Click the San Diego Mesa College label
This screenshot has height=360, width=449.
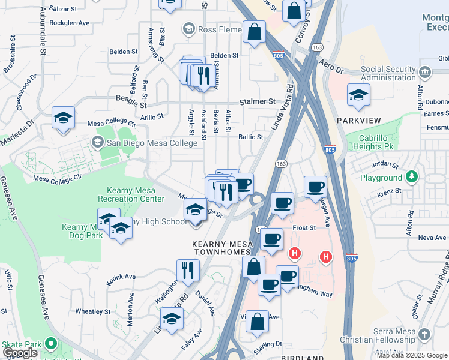[x=151, y=143]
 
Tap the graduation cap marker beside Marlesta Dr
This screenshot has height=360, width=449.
[x=63, y=118]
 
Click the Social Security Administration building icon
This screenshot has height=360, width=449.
[x=426, y=72]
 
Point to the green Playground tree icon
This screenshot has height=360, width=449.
[x=411, y=178]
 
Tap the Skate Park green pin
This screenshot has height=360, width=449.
[x=51, y=344]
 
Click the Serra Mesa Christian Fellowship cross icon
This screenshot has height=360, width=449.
[x=424, y=334]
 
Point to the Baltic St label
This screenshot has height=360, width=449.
[x=251, y=137]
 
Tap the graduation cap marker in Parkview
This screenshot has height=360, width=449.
[x=358, y=95]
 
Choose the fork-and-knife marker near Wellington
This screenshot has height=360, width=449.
[x=187, y=270]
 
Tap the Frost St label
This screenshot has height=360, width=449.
[x=304, y=229]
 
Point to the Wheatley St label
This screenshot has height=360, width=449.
[x=91, y=311]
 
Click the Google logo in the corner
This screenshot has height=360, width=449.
[x=20, y=353]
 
